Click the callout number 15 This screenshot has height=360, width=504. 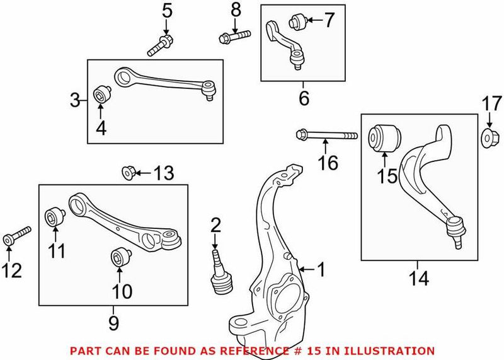387,176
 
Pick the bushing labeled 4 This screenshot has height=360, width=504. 100,96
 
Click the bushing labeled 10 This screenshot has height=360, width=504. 118,257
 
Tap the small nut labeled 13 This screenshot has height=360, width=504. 128,171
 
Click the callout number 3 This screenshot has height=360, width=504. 74,100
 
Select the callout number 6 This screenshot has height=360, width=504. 304,98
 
